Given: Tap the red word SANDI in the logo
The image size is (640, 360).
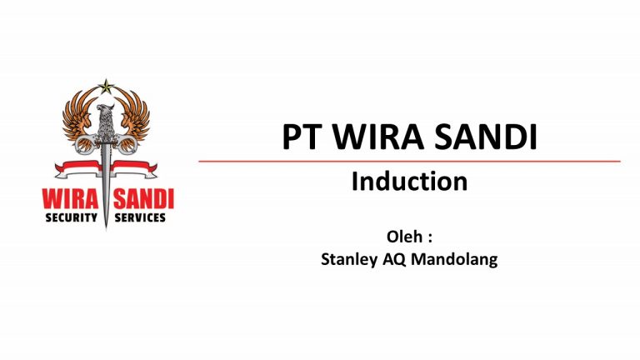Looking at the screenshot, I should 142,201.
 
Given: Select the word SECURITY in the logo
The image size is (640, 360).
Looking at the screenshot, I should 71,218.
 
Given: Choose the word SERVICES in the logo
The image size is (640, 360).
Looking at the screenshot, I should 141,218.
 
